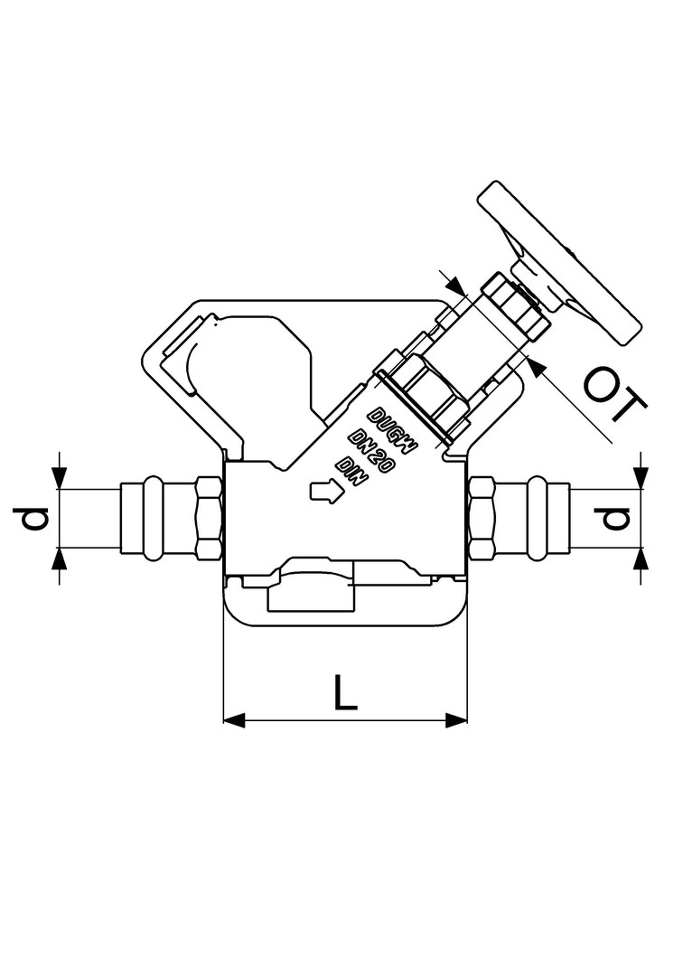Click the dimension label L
[346, 691]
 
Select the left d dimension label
[31, 519]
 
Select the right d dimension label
[613, 519]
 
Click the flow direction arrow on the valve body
[325, 490]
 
